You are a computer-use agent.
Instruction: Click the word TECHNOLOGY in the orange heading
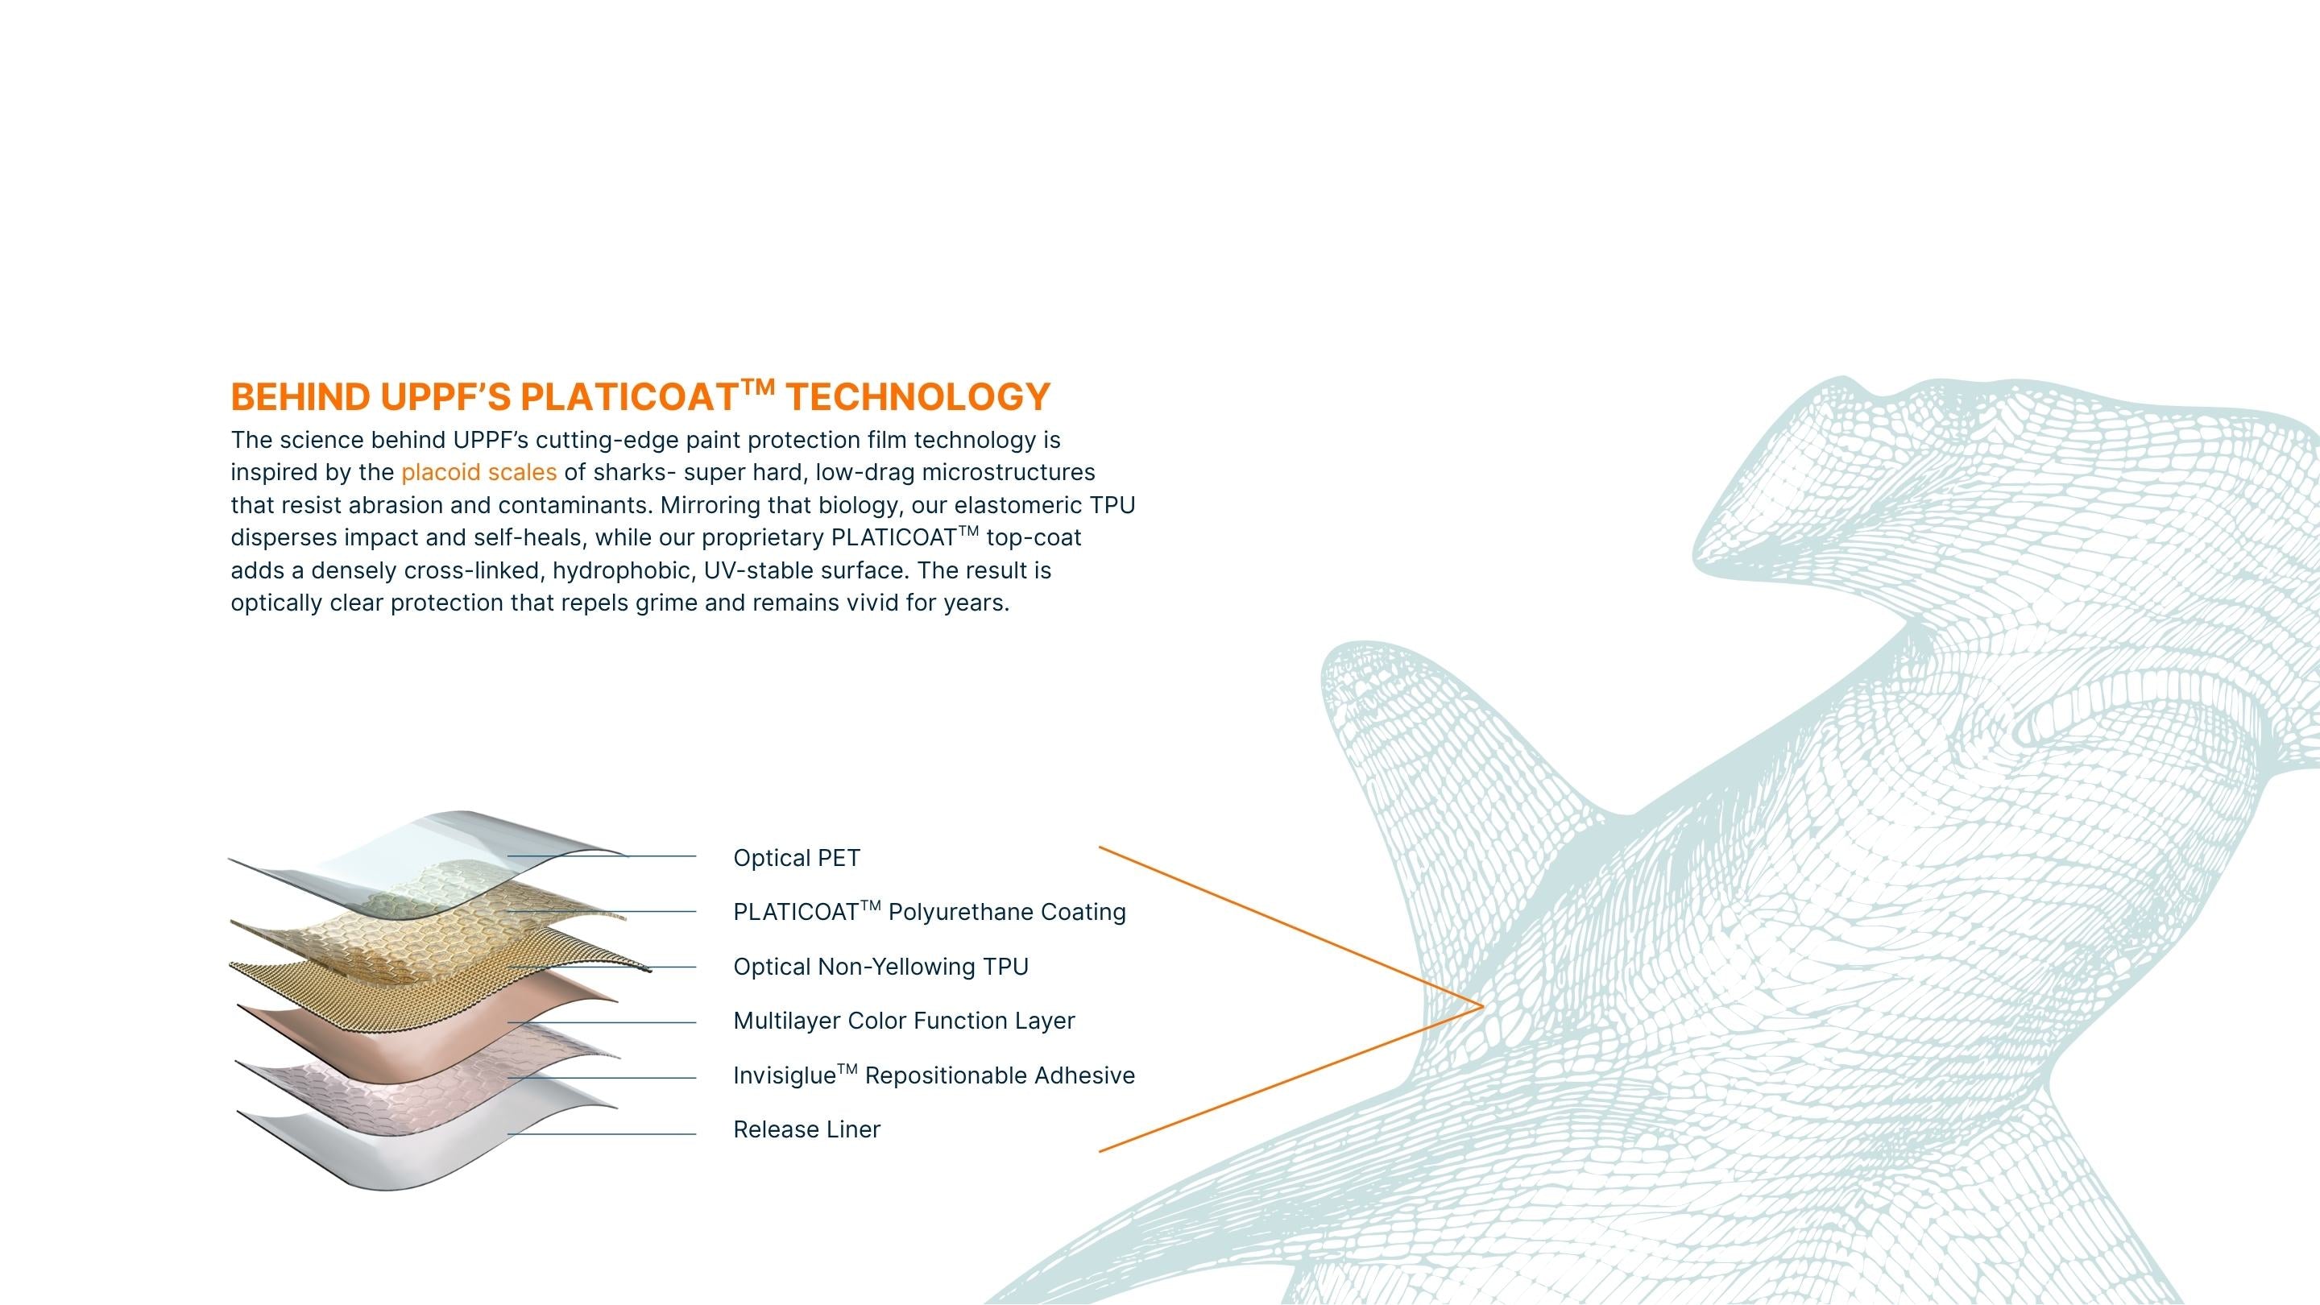pyautogui.click(x=918, y=397)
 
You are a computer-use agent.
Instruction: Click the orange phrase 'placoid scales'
pyautogui.click(x=479, y=473)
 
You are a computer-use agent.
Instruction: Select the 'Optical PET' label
pyautogui.click(x=797, y=858)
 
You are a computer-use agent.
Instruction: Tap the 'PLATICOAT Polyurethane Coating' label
pyautogui.click(x=930, y=911)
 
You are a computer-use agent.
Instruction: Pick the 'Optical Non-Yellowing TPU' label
pyautogui.click(x=880, y=967)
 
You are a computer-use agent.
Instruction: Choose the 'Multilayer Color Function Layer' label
pyautogui.click(x=904, y=1021)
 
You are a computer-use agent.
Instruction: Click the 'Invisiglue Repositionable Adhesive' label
pyautogui.click(x=934, y=1075)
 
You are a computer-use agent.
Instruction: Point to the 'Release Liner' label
pyautogui.click(x=807, y=1129)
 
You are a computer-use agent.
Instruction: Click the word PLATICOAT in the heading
pyautogui.click(x=628, y=397)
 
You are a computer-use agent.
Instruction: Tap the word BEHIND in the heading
pyautogui.click(x=300, y=397)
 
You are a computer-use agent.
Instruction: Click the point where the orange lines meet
pyautogui.click(x=1483, y=1006)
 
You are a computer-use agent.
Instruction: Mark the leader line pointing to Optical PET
pyautogui.click(x=601, y=855)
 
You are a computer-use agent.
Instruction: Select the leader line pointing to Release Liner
pyautogui.click(x=601, y=1133)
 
